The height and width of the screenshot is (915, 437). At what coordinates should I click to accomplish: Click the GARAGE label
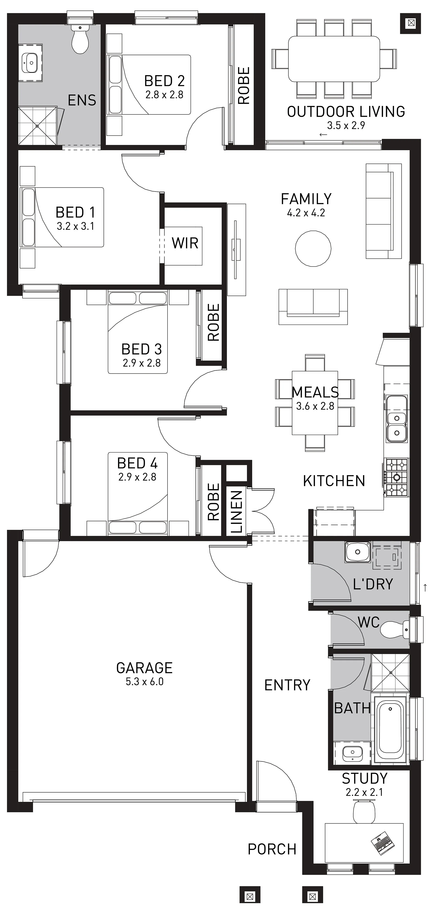coord(144,668)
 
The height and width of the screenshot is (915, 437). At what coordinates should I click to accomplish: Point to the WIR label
coord(185,243)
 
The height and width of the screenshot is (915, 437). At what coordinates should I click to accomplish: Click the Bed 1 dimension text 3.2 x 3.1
coord(75,226)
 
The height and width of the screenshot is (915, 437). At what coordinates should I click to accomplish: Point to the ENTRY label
coord(287,685)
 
